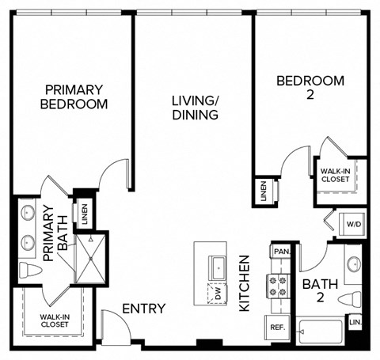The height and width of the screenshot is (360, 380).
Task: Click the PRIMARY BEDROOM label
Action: [x=76, y=97]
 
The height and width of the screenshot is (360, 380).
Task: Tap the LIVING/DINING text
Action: [x=195, y=108]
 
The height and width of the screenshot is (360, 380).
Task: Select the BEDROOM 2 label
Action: [x=310, y=88]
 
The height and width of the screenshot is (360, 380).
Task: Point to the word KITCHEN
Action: [x=245, y=282]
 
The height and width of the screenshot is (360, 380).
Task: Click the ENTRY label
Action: [x=143, y=309]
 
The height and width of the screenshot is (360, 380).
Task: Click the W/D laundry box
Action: [x=351, y=224]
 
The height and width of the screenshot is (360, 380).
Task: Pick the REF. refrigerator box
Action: [x=278, y=327]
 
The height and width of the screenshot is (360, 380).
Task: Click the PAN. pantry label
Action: [x=279, y=252]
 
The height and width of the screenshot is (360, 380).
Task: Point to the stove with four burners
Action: [x=279, y=286]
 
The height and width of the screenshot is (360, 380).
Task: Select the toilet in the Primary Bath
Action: [x=30, y=271]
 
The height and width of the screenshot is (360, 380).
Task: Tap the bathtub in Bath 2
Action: [x=320, y=331]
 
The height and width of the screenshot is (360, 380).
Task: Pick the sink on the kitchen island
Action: [x=217, y=267]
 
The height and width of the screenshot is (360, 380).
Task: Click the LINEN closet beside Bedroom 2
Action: [x=263, y=191]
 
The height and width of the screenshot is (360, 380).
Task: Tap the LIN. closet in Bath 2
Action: [x=356, y=323]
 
